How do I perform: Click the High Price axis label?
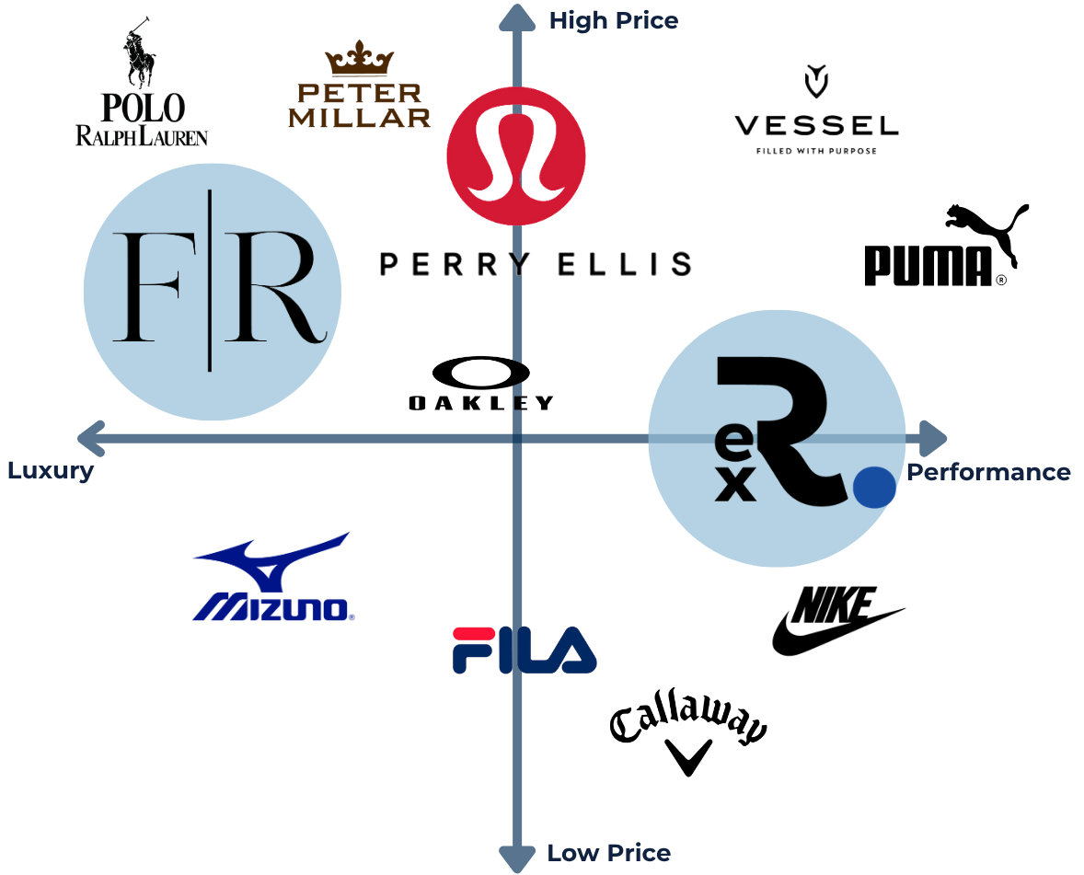coord(613,21)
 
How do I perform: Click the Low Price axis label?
coord(608,853)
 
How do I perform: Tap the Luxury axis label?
coord(51,471)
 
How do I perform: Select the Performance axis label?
coord(988,472)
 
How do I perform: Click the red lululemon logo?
coord(516,155)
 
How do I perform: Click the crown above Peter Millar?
coord(360,58)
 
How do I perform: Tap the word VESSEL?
coord(816,126)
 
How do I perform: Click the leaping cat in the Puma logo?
coord(988,228)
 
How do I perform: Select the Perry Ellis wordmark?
coord(536,264)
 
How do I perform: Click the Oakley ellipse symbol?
coord(480,373)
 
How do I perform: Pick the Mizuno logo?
coord(273,577)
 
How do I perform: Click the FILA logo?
coord(524,650)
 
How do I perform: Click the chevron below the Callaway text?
coord(688,757)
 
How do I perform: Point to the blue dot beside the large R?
coord(874,488)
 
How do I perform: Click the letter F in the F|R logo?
coord(146,287)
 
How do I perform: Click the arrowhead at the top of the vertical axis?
coord(517,17)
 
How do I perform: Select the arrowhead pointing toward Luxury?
coord(91,438)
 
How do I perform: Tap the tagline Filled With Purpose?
coord(816,151)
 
